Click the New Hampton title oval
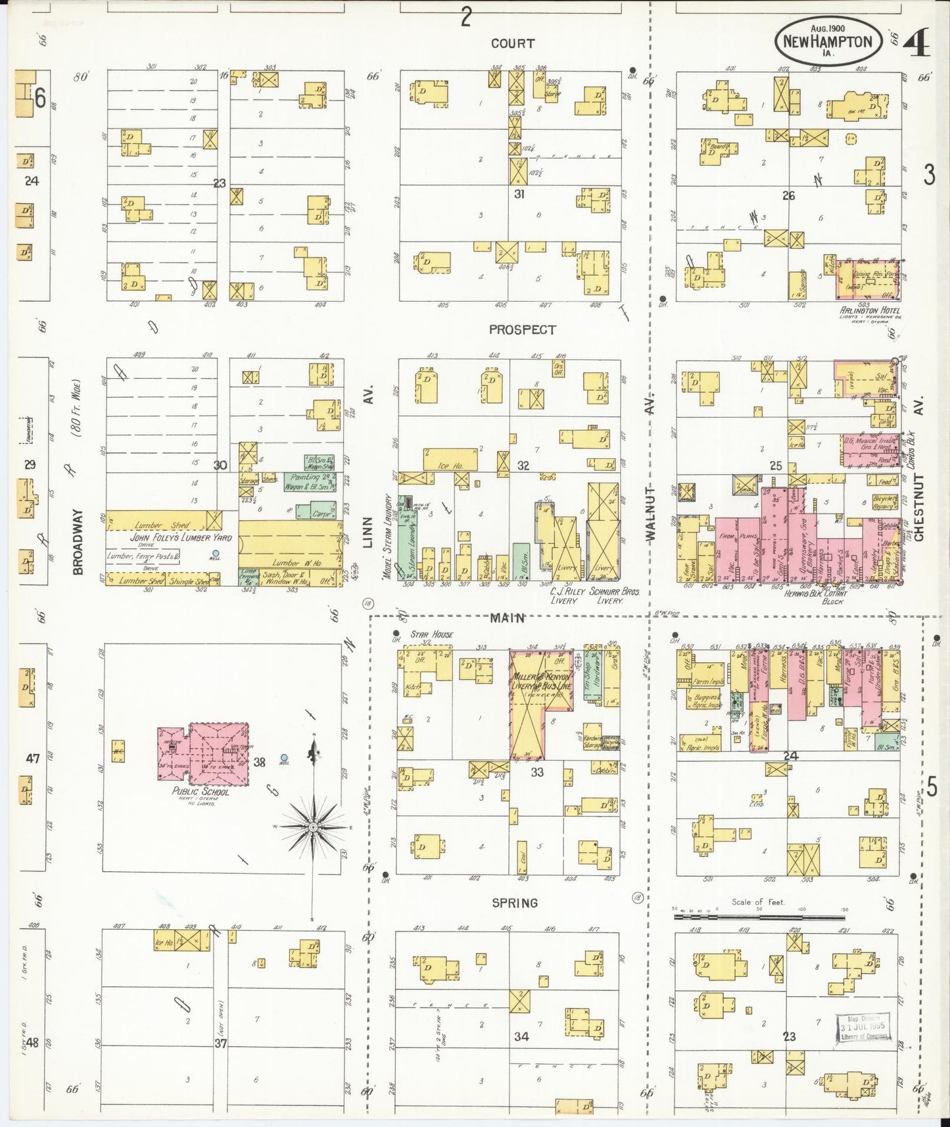tap(827, 41)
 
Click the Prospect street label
tap(522, 330)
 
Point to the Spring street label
tap(515, 903)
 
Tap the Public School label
tap(201, 792)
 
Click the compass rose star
tap(314, 826)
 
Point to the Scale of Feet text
tap(758, 902)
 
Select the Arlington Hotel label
tap(869, 310)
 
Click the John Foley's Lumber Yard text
tap(171, 537)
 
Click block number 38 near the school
tap(260, 762)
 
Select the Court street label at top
tap(512, 43)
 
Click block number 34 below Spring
tap(521, 1036)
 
